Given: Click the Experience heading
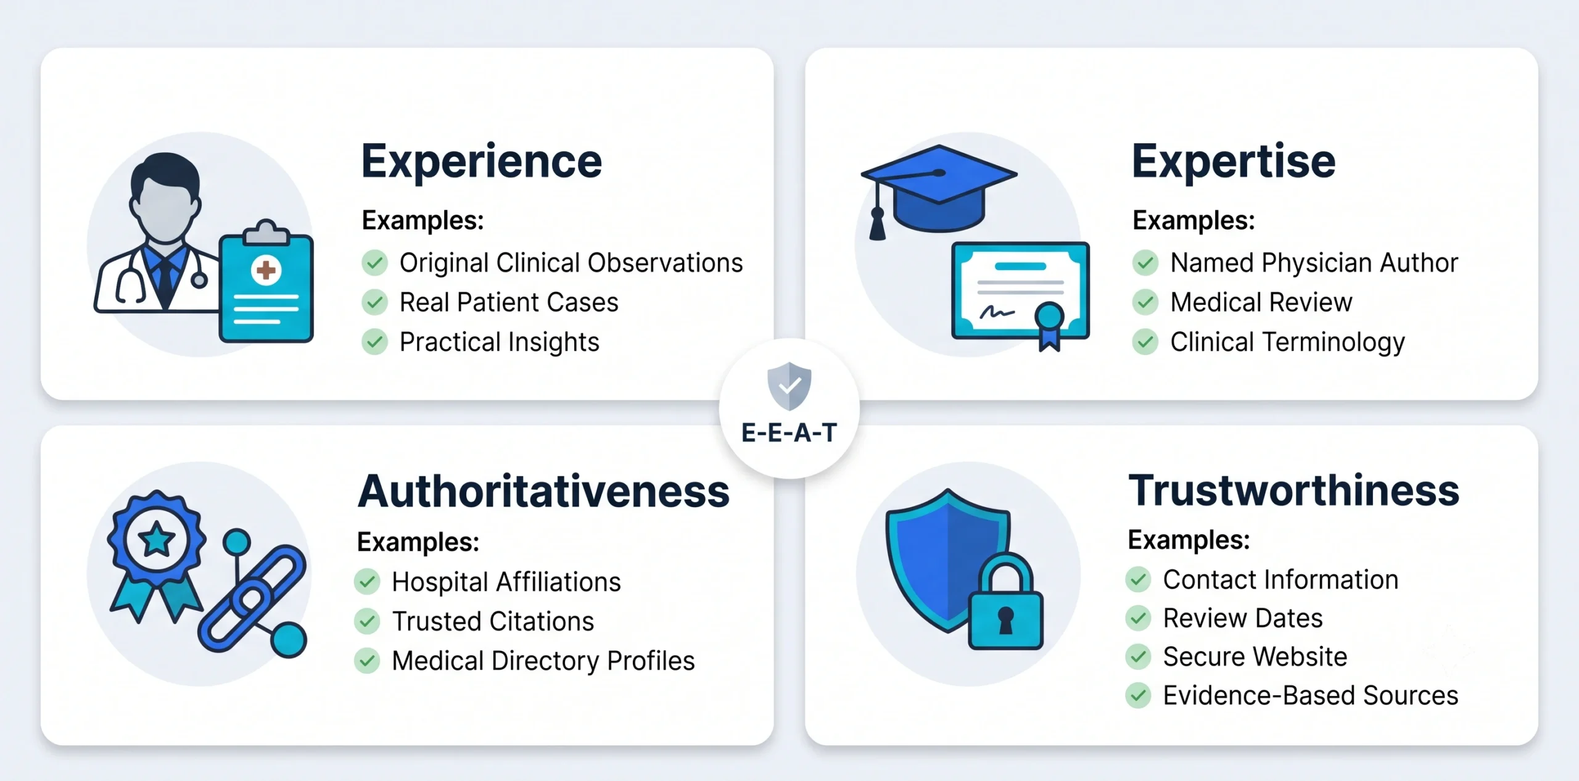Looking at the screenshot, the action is pos(482,162).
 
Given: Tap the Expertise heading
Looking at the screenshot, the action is pos(1234,162).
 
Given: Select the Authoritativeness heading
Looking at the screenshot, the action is pos(543,492).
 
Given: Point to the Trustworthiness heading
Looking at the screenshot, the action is pos(1294,490).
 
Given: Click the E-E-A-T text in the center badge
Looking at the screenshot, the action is pos(789,433).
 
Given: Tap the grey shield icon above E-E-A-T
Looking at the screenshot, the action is pos(789,386).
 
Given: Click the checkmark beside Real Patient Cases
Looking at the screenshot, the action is pos(374,302).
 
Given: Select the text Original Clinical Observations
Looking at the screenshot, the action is pos(571,263).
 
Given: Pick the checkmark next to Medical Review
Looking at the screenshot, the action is pos(1145,302).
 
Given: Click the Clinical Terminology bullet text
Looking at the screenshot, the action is pos(1288,342).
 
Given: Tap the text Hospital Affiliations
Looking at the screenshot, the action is pos(506,582).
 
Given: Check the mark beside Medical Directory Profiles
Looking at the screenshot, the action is pos(367,661).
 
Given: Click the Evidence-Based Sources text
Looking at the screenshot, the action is pos(1311,695).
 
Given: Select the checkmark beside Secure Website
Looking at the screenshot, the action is pos(1138,656).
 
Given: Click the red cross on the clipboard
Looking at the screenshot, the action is pos(266,270).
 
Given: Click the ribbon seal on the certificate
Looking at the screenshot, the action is pos(1050,324).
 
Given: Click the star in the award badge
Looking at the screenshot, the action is pos(156,539).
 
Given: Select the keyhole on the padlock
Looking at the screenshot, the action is pos(1006,620).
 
